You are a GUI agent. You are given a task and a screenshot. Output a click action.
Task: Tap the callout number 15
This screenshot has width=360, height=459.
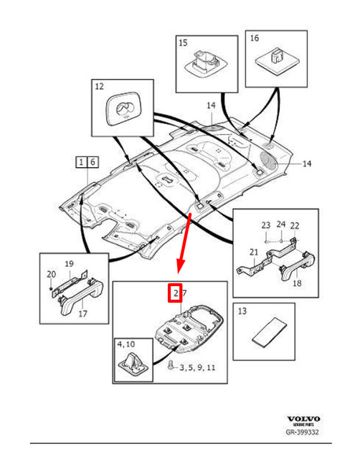click(x=184, y=43)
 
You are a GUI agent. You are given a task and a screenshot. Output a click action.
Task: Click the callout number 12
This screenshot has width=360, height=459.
click(x=99, y=86)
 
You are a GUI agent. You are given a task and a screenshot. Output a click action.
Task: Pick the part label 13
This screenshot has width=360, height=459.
click(x=242, y=311)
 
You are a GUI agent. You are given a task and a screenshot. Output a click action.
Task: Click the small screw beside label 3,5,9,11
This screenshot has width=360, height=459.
click(x=170, y=366)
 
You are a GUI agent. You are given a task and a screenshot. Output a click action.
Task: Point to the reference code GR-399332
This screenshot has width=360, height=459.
click(x=303, y=433)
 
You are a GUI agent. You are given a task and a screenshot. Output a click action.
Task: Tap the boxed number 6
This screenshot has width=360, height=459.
click(x=93, y=161)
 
